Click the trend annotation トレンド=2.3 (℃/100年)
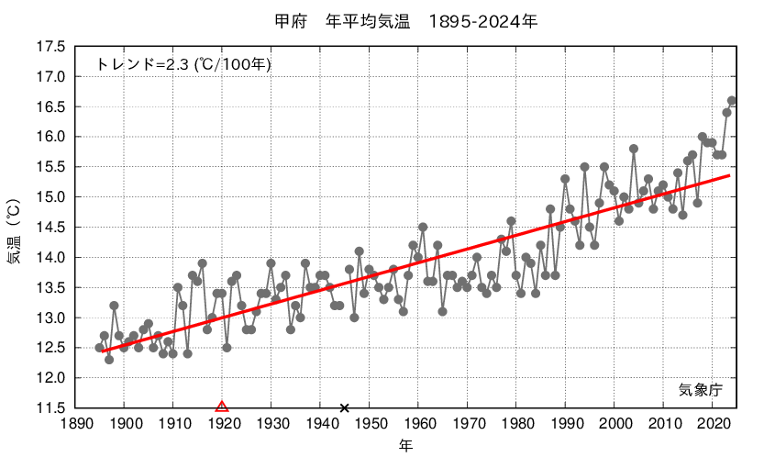[183, 64]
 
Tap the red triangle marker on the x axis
[221, 407]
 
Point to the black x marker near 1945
[345, 407]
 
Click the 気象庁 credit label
[701, 390]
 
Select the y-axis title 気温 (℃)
[16, 227]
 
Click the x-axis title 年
[406, 445]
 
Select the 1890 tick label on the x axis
[76, 424]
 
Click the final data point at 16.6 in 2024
[732, 101]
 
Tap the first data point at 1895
[100, 348]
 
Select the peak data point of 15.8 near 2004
[634, 149]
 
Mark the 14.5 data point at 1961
[423, 227]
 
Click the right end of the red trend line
[729, 175]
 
